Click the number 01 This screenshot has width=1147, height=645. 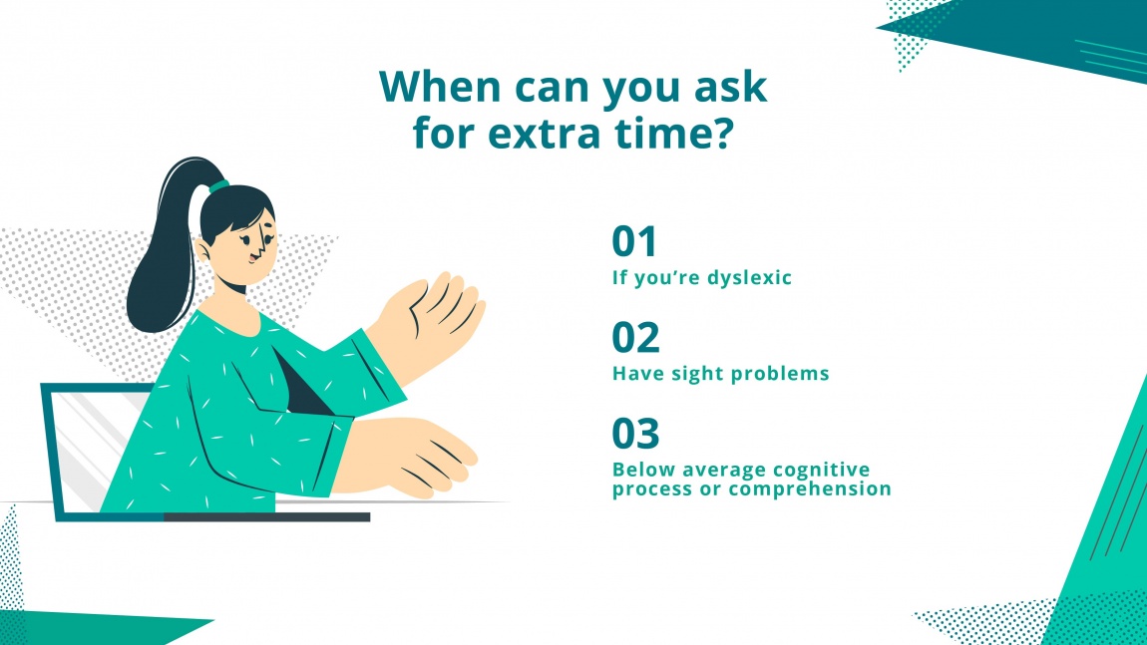coord(635,242)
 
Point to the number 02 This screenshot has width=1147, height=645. coord(635,339)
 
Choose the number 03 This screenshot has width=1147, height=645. coord(635,435)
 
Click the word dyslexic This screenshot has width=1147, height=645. coord(748,278)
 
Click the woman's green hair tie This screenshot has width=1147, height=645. coord(218,185)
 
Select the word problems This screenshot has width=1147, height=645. coord(791,374)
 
